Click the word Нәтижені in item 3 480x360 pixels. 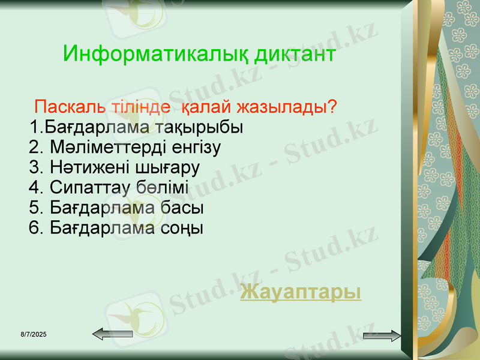(x=80, y=167)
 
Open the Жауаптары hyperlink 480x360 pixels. (x=301, y=292)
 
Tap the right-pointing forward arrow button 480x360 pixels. (x=382, y=335)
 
